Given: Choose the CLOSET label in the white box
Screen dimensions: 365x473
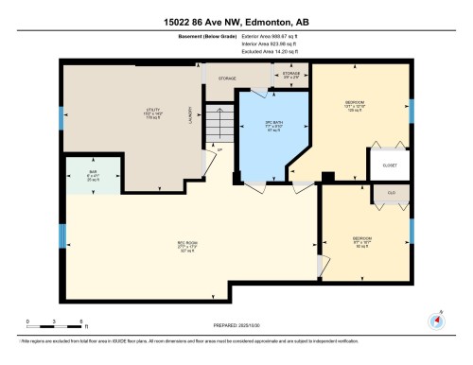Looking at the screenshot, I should click(389, 165).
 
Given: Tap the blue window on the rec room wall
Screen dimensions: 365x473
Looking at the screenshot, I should click(62, 235).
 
